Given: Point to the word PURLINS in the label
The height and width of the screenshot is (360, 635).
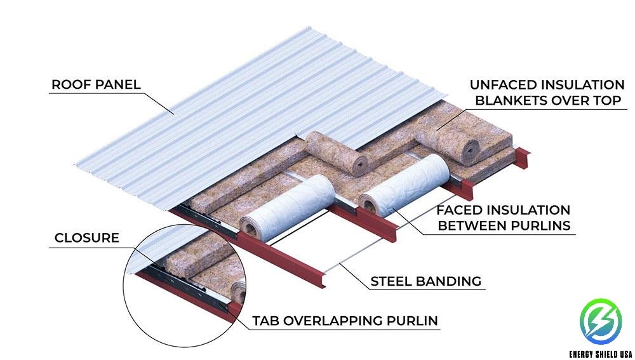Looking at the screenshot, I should [544, 226].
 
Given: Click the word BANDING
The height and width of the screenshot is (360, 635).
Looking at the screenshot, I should [451, 281].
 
